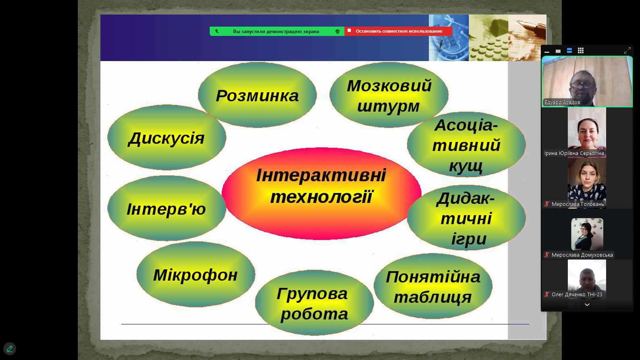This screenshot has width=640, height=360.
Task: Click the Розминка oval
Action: (257, 95)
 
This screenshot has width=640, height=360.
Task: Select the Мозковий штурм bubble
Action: (389, 95)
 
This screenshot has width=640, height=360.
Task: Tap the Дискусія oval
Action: (167, 138)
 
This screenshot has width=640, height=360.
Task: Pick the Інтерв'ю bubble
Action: (167, 208)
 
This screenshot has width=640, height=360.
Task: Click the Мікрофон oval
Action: (196, 274)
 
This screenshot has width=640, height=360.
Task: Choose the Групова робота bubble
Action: (314, 303)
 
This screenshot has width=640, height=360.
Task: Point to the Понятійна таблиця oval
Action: (433, 286)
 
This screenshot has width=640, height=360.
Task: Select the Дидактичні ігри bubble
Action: (466, 218)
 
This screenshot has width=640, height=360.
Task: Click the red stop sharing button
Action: (398, 31)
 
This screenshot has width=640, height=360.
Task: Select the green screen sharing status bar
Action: (277, 31)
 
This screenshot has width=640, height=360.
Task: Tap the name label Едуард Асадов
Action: (562, 103)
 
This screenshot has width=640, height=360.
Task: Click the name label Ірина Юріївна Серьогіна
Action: (574, 153)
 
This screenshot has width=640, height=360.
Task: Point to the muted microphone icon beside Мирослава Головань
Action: (546, 204)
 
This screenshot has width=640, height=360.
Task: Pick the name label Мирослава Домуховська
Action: (582, 255)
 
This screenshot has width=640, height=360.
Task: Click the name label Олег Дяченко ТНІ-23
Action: (577, 294)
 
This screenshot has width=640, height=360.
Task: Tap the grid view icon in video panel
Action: (581, 50)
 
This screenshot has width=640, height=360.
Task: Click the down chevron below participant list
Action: (587, 305)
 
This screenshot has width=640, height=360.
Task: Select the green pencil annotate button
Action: (10, 349)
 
